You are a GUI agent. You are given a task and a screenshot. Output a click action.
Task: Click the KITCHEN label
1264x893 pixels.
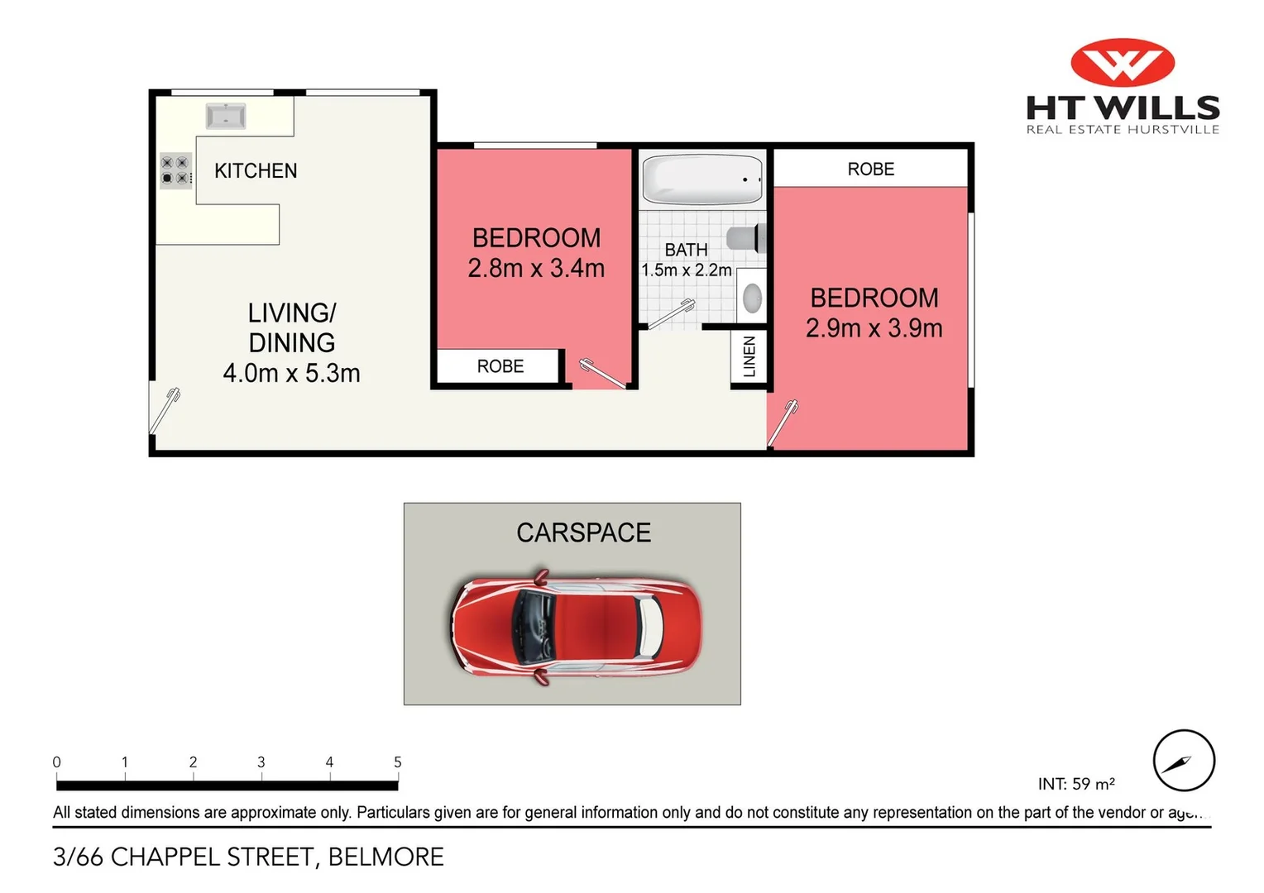pyautogui.click(x=256, y=171)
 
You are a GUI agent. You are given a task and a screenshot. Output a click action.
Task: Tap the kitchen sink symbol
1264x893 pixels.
pyautogui.click(x=226, y=117)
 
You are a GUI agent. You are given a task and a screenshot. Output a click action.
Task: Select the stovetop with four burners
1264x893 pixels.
pyautogui.click(x=175, y=170)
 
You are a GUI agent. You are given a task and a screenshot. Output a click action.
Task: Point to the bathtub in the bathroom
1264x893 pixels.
pyautogui.click(x=702, y=179)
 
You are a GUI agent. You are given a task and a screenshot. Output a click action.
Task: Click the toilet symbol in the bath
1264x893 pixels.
pyautogui.click(x=747, y=239)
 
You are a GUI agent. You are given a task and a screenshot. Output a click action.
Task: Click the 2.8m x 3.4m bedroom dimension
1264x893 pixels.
pyautogui.click(x=536, y=269)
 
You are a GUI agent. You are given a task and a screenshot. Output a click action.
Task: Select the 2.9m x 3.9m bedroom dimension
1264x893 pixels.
pyautogui.click(x=874, y=328)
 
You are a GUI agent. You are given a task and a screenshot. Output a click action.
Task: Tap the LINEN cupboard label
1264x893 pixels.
pyautogui.click(x=749, y=356)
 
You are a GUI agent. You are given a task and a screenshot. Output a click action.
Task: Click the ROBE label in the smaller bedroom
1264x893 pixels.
pyautogui.click(x=500, y=366)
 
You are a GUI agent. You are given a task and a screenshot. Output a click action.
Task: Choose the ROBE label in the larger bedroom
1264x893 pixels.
pyautogui.click(x=871, y=170)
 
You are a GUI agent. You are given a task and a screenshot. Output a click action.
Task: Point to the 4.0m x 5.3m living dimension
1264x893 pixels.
pyautogui.click(x=291, y=373)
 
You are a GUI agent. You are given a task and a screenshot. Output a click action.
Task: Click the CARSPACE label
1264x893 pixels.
pyautogui.click(x=583, y=532)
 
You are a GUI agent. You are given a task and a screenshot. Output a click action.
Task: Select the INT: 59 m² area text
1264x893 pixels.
pyautogui.click(x=1076, y=783)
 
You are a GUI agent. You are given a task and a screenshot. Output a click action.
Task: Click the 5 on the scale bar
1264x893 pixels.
pyautogui.click(x=398, y=762)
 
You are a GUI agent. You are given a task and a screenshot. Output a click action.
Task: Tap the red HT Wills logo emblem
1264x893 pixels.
pyautogui.click(x=1123, y=62)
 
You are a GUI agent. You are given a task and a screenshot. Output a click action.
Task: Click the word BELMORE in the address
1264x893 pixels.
pyautogui.click(x=386, y=857)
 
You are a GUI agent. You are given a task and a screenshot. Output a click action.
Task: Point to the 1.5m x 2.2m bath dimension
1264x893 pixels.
pyautogui.click(x=686, y=270)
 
